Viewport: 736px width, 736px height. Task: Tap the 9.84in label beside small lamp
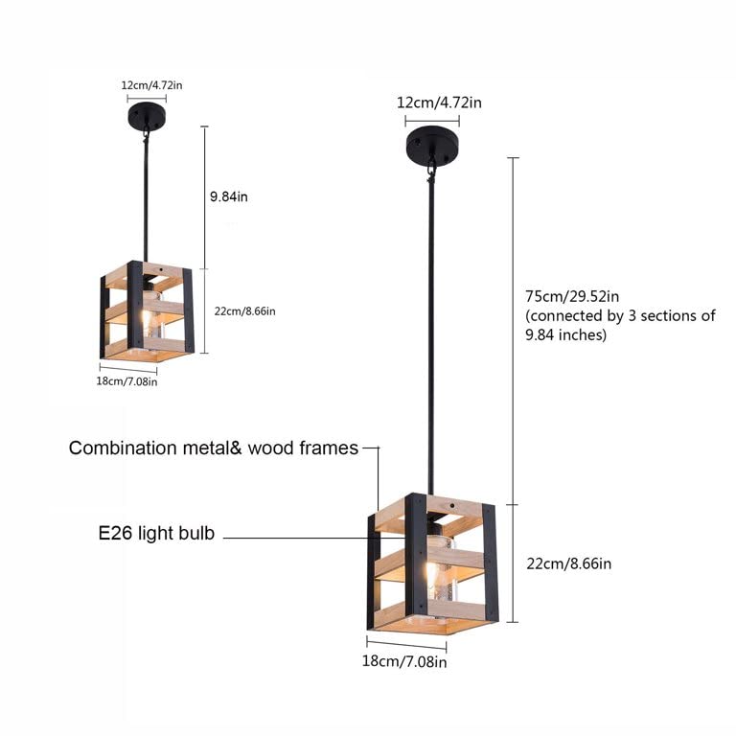(x=229, y=196)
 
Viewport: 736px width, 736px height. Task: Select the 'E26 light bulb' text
(x=156, y=534)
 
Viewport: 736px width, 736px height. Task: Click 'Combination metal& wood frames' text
(x=213, y=448)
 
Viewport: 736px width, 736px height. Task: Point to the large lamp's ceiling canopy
(x=431, y=147)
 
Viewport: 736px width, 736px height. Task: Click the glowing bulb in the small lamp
(x=147, y=316)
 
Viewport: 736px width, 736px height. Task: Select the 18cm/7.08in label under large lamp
(x=404, y=661)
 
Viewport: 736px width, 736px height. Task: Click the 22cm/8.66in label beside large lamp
(x=569, y=563)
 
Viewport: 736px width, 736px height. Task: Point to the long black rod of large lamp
(x=432, y=335)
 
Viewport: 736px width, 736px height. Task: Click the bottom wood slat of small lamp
(x=163, y=346)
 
